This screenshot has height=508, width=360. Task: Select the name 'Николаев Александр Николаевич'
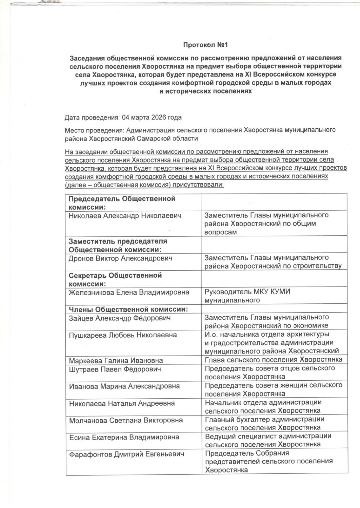[x=125, y=216]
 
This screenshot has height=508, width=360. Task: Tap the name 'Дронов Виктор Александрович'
[x=120, y=258]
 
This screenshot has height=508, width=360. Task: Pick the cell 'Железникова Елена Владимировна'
[x=129, y=292]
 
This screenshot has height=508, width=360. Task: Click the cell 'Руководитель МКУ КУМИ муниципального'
[x=247, y=296]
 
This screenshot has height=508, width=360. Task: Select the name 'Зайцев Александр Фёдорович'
[x=120, y=318]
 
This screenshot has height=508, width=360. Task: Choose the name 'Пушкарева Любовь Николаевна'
[x=123, y=335]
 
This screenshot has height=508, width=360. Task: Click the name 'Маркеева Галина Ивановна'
[x=116, y=361]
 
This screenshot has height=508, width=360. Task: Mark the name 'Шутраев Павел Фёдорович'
[x=115, y=369]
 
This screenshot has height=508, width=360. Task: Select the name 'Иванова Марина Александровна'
[x=124, y=386]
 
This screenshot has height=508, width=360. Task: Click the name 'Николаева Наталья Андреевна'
[x=122, y=403]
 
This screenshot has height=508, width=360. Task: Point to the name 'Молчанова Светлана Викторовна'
[x=126, y=420]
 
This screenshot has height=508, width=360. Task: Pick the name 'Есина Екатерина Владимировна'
[x=124, y=437]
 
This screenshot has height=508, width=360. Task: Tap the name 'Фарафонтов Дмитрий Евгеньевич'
[x=126, y=454]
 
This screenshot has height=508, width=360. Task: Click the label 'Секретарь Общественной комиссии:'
[x=115, y=279]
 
